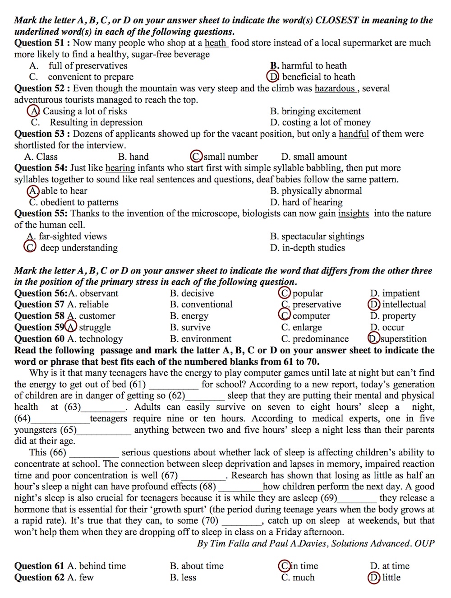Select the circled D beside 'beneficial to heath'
pyautogui.click(x=273, y=77)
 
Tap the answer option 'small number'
pyautogui.click(x=230, y=157)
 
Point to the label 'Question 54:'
pyautogui.click(x=41, y=168)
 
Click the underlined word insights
pyautogui.click(x=353, y=213)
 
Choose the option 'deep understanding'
pyautogui.click(x=79, y=248)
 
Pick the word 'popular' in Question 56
pyautogui.click(x=308, y=293)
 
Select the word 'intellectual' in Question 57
pyautogui.click(x=404, y=305)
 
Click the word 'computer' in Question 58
pyautogui.click(x=311, y=316)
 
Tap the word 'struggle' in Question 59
pyautogui.click(x=95, y=327)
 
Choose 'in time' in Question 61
pyautogui.click(x=304, y=566)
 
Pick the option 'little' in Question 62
pyautogui.click(x=391, y=577)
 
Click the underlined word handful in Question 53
pyautogui.click(x=354, y=134)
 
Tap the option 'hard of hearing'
pyautogui.click(x=312, y=202)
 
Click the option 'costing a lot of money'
pyautogui.click(x=326, y=122)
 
